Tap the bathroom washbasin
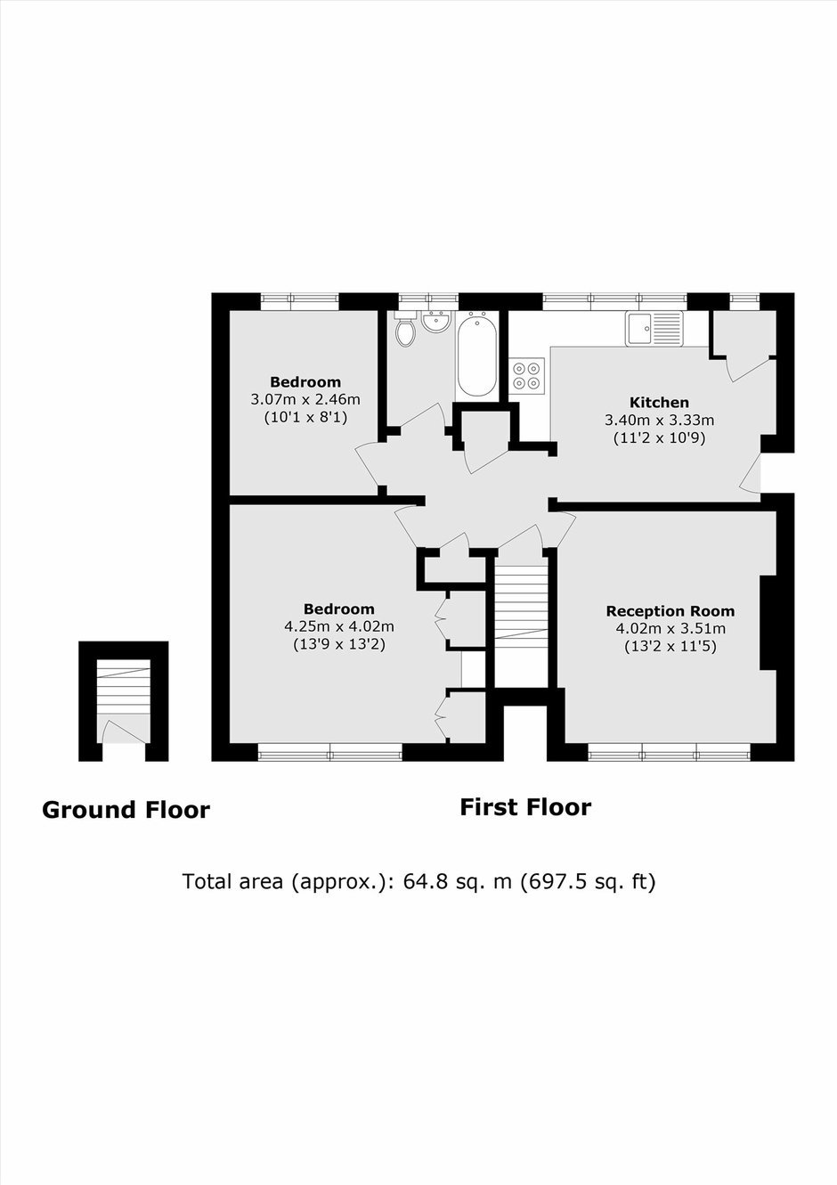click(x=435, y=322)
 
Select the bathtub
click(x=476, y=353)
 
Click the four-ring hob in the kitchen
click(x=527, y=375)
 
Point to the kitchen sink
click(x=654, y=329)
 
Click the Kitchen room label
click(x=659, y=402)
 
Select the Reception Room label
click(x=670, y=611)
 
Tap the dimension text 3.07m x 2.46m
click(x=305, y=399)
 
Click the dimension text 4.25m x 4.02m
click(x=339, y=626)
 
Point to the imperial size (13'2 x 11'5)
click(x=670, y=647)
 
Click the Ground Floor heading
click(x=126, y=810)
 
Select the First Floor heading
click(x=525, y=807)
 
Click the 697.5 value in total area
click(x=554, y=882)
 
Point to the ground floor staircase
click(x=124, y=687)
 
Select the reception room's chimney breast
click(x=768, y=623)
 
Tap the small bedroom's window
click(x=299, y=301)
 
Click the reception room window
click(x=670, y=752)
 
